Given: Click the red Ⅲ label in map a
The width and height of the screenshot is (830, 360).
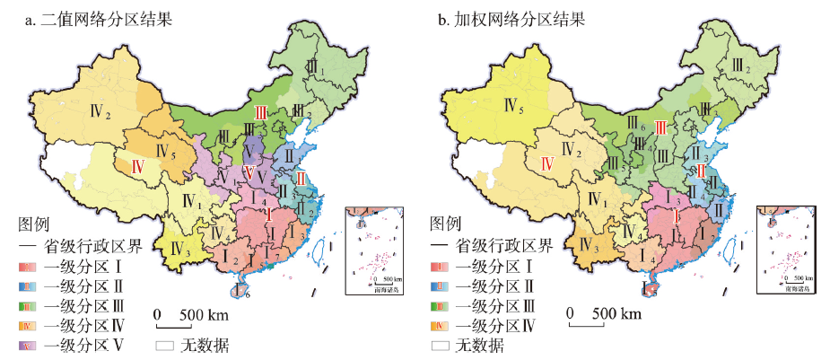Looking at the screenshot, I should [x=261, y=112].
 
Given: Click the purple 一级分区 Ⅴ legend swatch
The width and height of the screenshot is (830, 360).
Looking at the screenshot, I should [x=28, y=345].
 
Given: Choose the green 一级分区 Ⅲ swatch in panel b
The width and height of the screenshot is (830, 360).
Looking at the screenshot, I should [x=441, y=305].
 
